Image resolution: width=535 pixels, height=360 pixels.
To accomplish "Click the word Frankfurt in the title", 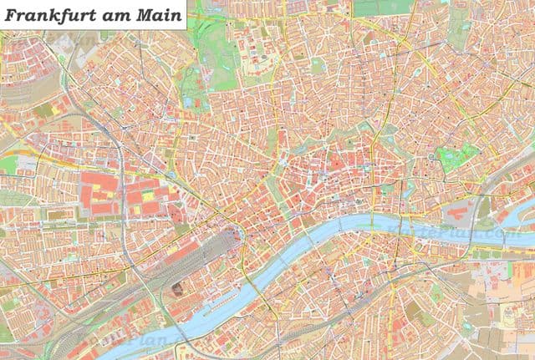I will [x=53, y=14].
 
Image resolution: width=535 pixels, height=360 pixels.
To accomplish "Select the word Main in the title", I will [x=158, y=14].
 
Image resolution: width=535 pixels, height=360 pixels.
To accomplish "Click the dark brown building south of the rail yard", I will [x=177, y=290].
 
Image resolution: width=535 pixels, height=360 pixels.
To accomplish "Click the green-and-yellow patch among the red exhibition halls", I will [x=148, y=196].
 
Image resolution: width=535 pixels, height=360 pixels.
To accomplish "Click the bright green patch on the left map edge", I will [x=7, y=164].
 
